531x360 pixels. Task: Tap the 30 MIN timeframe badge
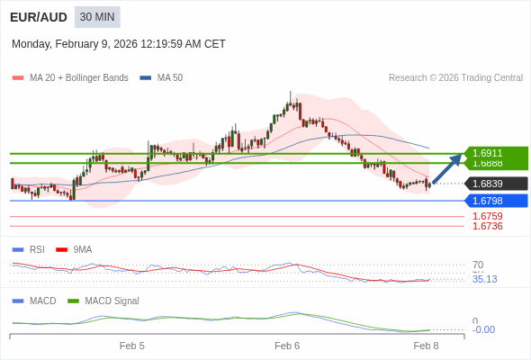click(97, 17)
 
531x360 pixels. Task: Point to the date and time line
click(119, 44)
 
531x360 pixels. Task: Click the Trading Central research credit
click(455, 78)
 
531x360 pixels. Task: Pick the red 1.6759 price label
click(488, 216)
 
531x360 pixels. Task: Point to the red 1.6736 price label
click(488, 226)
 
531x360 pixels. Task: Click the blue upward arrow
click(447, 168)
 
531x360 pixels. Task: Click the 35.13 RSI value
click(484, 279)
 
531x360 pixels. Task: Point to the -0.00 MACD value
click(483, 329)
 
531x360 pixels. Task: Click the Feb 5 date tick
click(132, 346)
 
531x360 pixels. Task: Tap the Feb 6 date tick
click(287, 346)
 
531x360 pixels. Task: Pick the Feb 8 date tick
click(426, 346)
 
